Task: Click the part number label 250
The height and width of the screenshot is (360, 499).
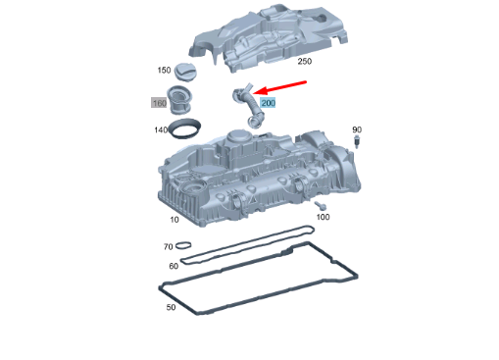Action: click(304, 62)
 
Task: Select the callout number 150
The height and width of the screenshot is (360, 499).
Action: click(164, 71)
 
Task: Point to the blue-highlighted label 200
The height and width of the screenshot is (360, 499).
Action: click(269, 102)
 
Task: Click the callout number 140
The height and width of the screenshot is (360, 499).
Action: click(161, 129)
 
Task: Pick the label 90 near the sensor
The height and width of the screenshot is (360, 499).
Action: click(357, 129)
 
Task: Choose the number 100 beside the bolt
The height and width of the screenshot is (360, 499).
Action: click(323, 217)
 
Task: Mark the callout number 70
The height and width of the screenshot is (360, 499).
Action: click(168, 247)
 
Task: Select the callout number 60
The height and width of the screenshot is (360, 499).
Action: click(174, 266)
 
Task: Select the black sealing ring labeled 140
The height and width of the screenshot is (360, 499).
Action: click(186, 129)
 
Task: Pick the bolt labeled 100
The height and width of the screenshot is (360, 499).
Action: click(321, 205)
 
